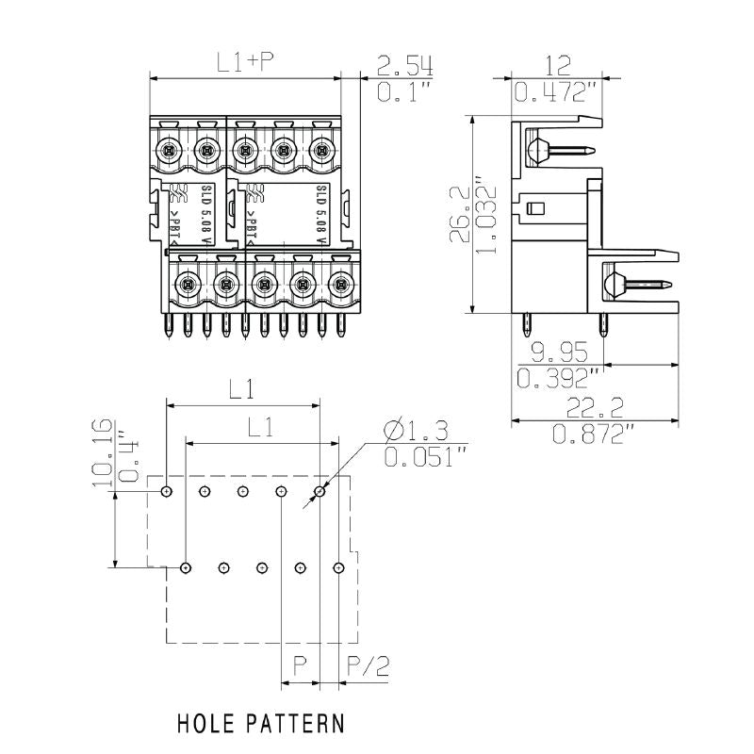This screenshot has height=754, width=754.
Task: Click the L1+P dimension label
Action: coord(244,63)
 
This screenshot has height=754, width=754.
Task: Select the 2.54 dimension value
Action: coord(404,66)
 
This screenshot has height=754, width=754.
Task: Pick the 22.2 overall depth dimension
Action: coord(592,407)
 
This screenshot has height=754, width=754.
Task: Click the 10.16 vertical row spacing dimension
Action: coord(101,452)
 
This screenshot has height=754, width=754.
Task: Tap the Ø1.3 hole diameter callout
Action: coord(415,432)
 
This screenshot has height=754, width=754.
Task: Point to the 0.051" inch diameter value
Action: coord(425,458)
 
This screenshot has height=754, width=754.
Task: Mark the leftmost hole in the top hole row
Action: coord(166,492)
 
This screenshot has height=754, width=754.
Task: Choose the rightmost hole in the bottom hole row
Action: coord(339,567)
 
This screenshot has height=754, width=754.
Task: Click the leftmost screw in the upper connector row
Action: coord(168,149)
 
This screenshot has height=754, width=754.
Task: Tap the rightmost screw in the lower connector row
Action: coord(340,282)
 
